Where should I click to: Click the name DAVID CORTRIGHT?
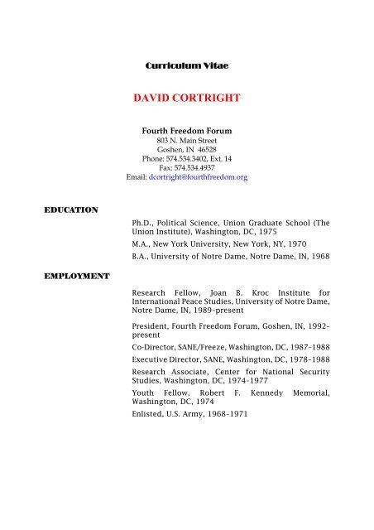tap(185, 99)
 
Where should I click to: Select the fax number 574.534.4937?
tap(199, 168)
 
